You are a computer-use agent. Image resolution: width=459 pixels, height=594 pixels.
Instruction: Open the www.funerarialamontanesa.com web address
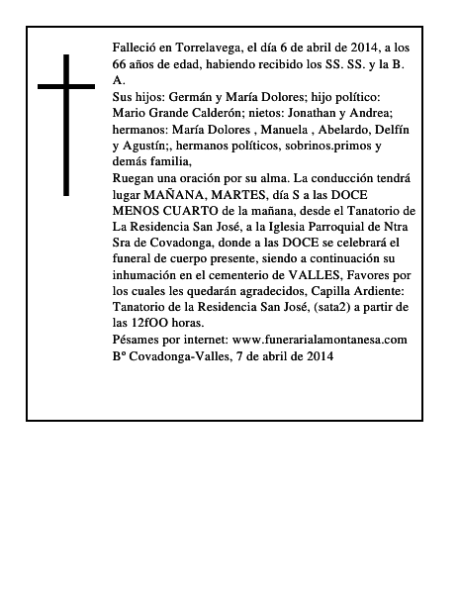click(320, 339)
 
